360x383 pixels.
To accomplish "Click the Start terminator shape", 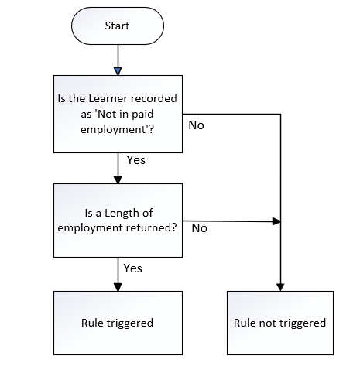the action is click(x=118, y=26).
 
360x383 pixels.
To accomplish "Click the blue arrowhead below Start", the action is click(x=118, y=71).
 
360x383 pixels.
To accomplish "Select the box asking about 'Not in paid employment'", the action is click(x=118, y=114).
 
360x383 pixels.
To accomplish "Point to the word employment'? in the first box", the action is click(x=117, y=129).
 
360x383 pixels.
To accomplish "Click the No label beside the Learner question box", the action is click(x=196, y=125).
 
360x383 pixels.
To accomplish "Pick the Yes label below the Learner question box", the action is click(x=136, y=160).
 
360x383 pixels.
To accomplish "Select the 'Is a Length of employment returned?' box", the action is click(x=118, y=221).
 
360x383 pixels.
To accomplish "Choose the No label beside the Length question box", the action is click(x=200, y=228).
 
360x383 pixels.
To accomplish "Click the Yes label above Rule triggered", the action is click(x=132, y=268).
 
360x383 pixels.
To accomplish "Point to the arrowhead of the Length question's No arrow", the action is click(x=276, y=221).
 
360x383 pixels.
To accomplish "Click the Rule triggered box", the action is click(x=118, y=323).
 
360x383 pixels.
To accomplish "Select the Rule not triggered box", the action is click(x=280, y=323).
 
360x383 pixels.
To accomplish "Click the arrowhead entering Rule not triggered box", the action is click(x=280, y=287).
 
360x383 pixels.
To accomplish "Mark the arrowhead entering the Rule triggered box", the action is click(x=118, y=287).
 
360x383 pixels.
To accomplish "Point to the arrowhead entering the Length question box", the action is click(x=118, y=180).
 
